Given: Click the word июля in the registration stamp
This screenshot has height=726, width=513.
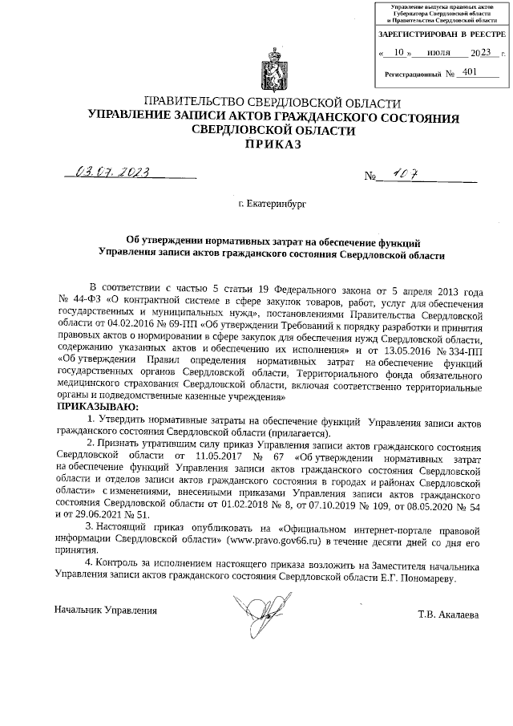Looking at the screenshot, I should tap(438, 53).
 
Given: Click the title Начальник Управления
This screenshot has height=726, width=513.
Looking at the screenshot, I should tap(105, 610).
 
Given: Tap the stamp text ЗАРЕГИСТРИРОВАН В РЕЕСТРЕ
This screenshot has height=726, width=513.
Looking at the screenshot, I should tap(442, 35).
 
